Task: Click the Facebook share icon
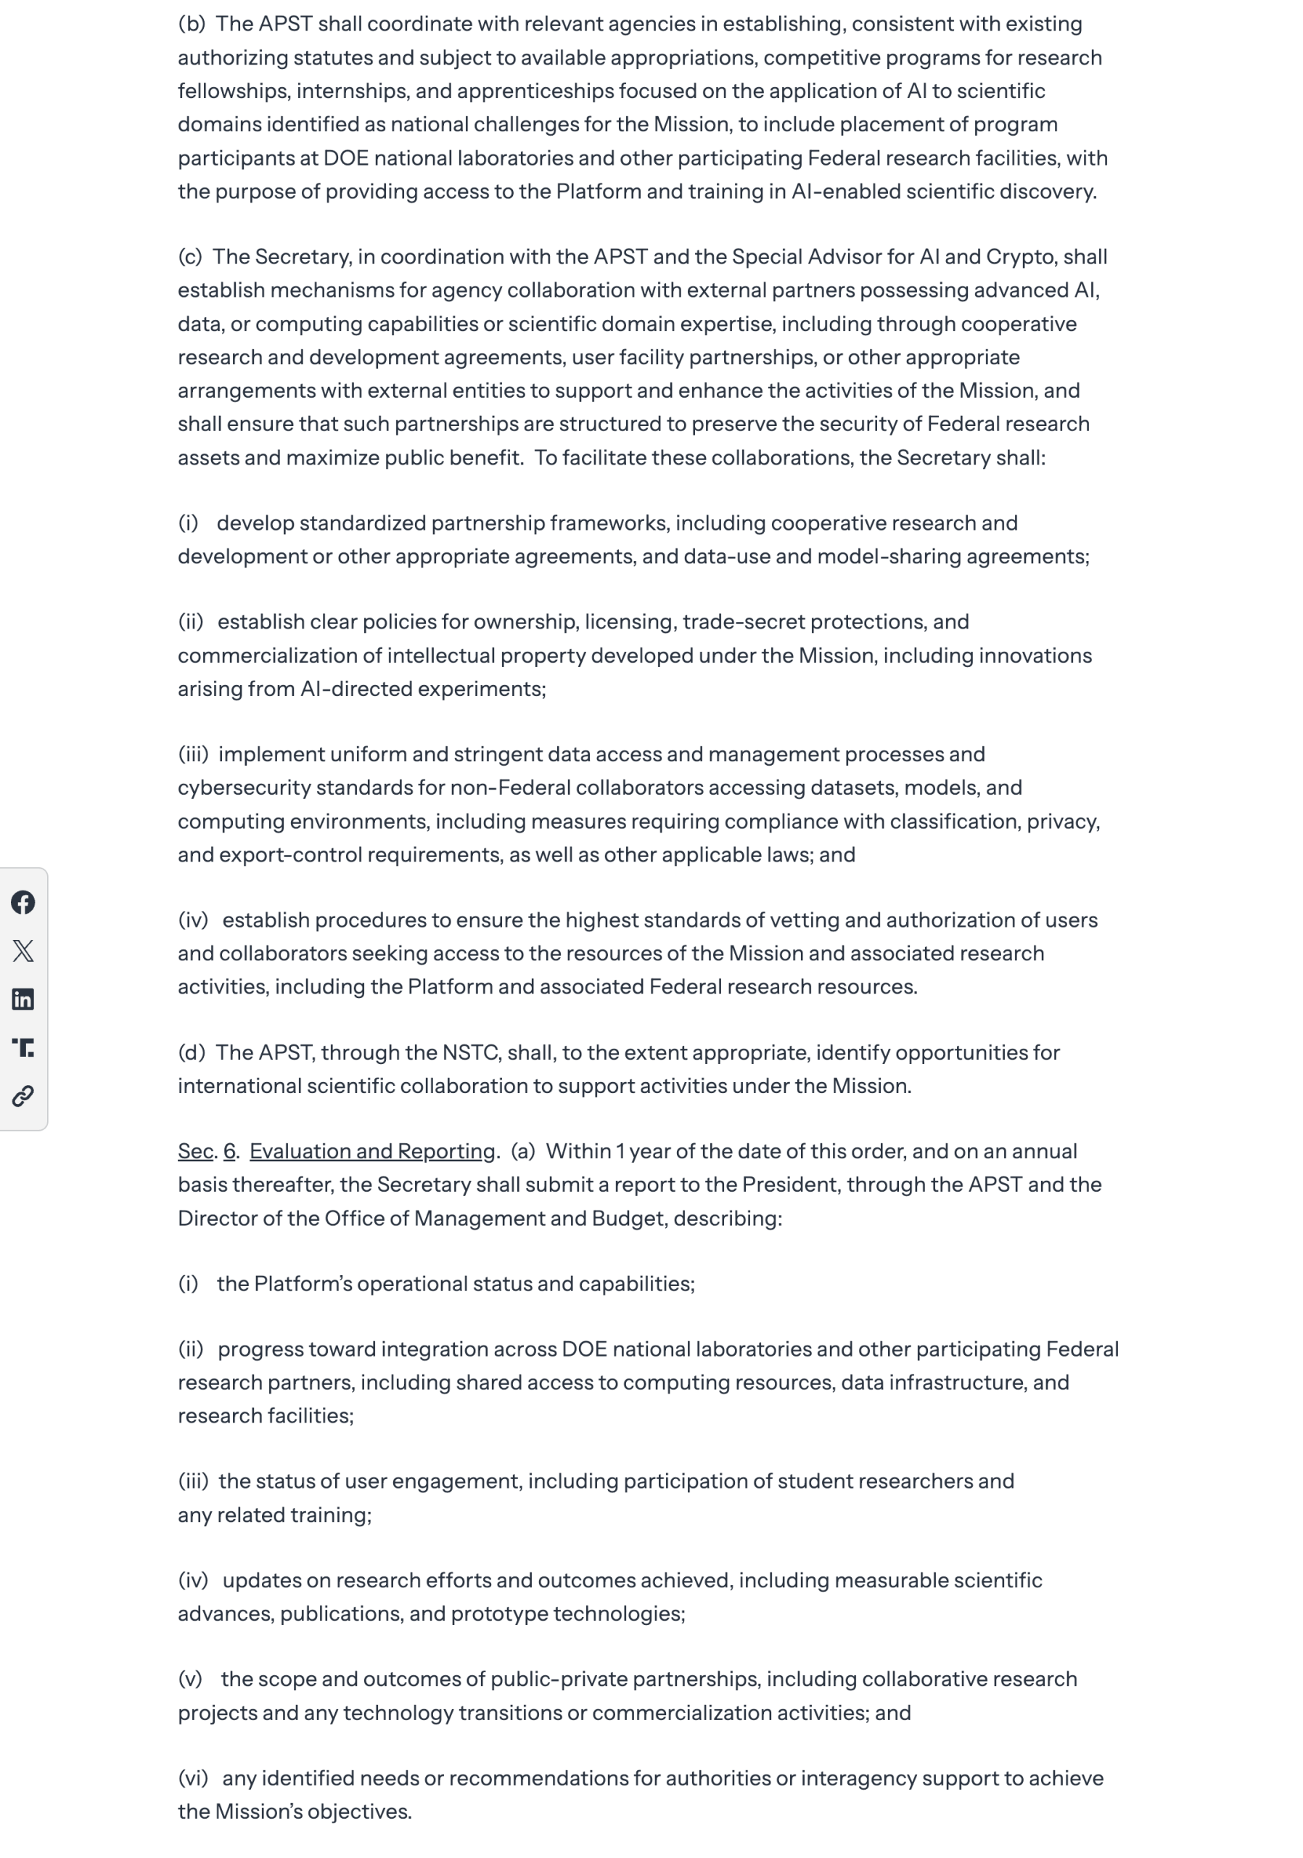22,901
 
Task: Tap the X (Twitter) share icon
22,950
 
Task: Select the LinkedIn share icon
22,999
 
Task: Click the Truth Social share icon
22,1047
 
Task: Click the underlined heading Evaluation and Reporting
371,1151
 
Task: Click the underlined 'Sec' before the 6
195,1151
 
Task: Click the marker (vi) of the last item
192,1779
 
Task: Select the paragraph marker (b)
192,24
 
